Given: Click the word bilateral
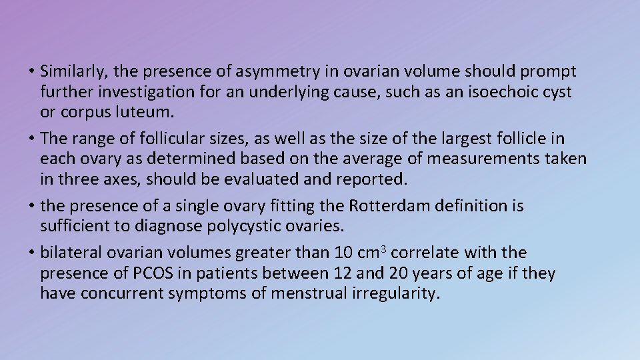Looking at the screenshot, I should coord(71,253).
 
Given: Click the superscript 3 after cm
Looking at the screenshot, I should coord(385,249).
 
